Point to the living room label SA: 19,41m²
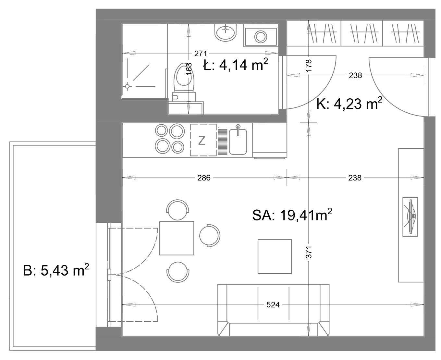pos(292,215)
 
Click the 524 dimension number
pos(273,305)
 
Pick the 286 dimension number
pos(204,178)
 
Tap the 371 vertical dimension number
pos(309,252)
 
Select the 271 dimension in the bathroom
pos(201,54)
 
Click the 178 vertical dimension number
pos(309,66)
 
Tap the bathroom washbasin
pos(226,32)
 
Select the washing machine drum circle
pos(261,37)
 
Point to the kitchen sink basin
pos(238,142)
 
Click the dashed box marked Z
pos(203,140)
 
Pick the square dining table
pos(177,238)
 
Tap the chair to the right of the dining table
pos(210,236)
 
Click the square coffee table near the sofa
pos(275,256)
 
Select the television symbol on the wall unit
pos(410,217)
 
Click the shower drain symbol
pos(127,86)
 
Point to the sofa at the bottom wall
pos(273,310)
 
